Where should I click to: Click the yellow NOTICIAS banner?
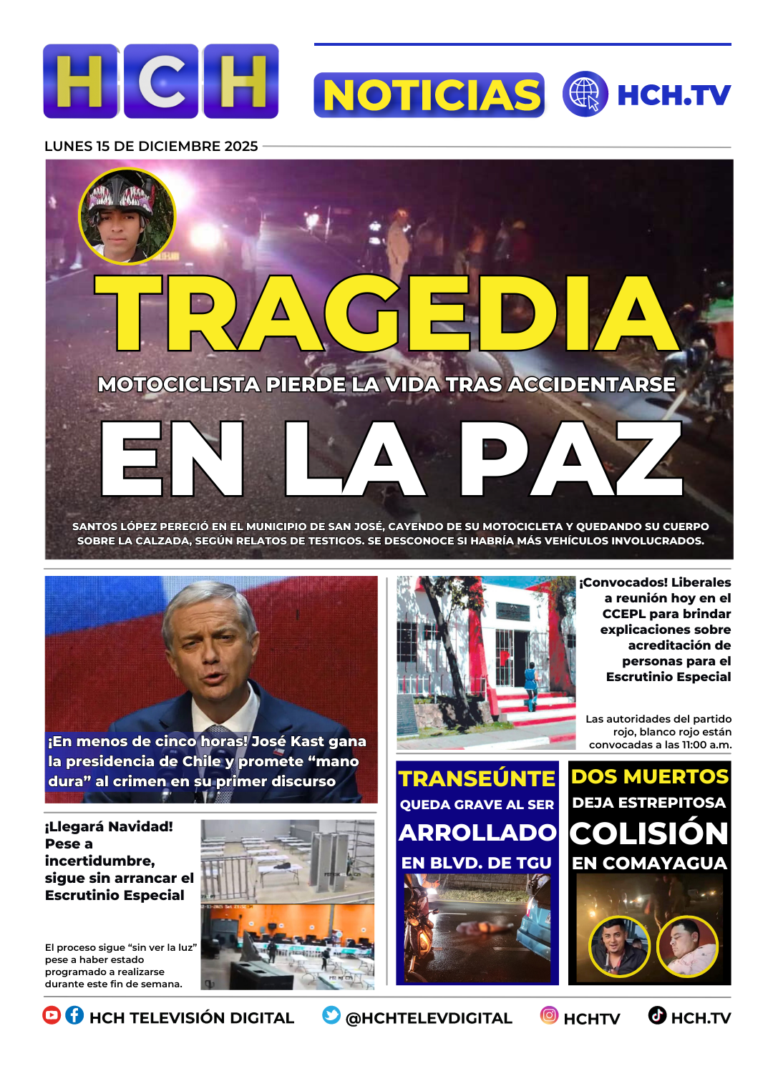[x=429, y=95]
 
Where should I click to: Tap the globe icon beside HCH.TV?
[x=585, y=94]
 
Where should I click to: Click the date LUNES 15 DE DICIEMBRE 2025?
[x=151, y=146]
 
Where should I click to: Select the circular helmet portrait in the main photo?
[x=127, y=216]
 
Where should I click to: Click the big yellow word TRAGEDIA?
[x=386, y=314]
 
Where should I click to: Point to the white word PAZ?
[x=571, y=459]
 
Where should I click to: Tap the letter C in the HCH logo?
[x=161, y=81]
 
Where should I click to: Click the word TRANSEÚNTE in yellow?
[x=477, y=778]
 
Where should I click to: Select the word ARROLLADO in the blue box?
[x=477, y=833]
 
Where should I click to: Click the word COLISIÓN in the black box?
[x=649, y=833]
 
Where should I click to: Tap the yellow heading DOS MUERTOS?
[x=649, y=776]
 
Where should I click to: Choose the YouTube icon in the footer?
[x=52, y=1015]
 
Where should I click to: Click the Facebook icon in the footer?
[x=74, y=1015]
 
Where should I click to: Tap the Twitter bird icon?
[x=331, y=1015]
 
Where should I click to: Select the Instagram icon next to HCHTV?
[x=549, y=1015]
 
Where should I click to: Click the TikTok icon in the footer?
[x=657, y=1015]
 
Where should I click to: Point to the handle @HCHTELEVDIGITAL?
[x=429, y=1018]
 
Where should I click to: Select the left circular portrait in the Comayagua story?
[x=619, y=946]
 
